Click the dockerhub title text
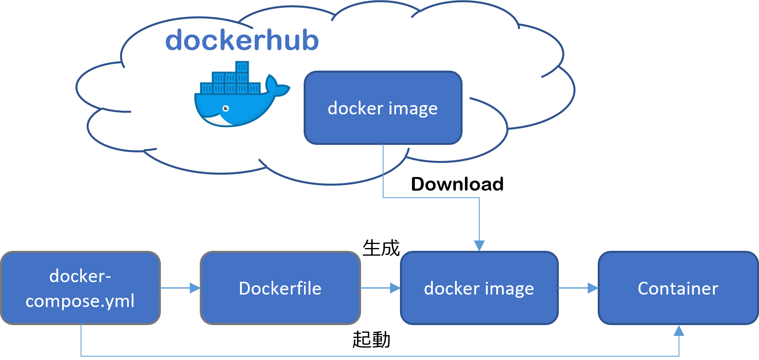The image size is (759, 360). tap(242, 41)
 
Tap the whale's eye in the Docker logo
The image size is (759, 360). tap(226, 109)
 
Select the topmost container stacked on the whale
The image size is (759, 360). tap(242, 67)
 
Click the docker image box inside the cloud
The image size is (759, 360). tap(383, 108)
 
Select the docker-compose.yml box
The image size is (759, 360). tap(80, 288)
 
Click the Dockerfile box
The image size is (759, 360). tap(280, 288)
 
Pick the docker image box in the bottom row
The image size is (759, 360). tap(479, 288)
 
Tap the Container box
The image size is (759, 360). tap(678, 288)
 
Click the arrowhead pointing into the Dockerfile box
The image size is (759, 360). tap(195, 288)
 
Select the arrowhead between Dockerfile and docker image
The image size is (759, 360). tap(395, 288)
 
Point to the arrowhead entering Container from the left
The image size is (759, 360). tap(593, 288)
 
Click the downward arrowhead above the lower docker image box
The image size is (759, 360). tap(479, 246)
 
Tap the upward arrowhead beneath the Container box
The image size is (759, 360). tap(679, 331)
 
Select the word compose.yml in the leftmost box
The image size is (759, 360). tap(80, 301)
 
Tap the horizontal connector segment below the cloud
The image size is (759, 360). tap(431, 197)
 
